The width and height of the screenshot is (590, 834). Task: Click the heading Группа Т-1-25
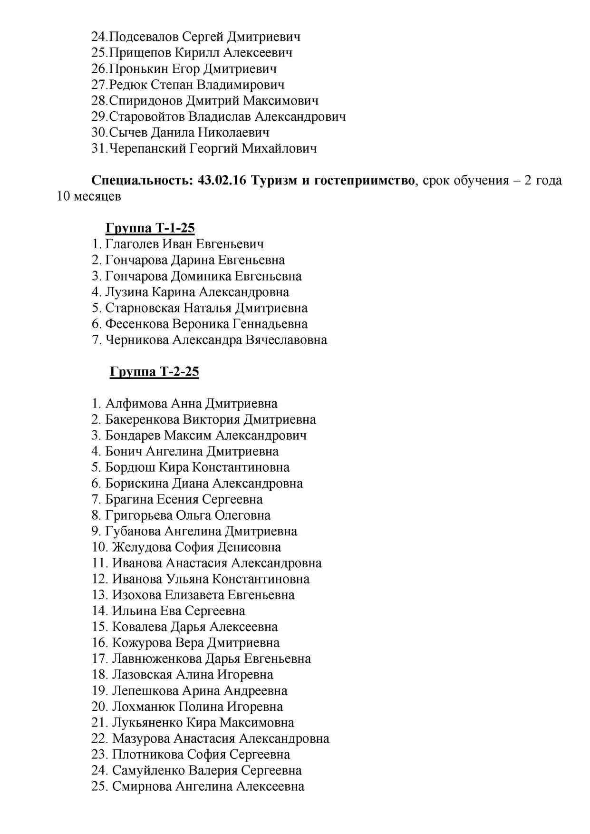(150, 228)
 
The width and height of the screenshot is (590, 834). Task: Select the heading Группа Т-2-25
(154, 371)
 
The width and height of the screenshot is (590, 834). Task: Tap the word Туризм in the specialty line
(274, 181)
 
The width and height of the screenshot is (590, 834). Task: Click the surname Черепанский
(147, 148)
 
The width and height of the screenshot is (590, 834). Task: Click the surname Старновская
(143, 308)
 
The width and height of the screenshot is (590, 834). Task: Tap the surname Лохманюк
(143, 707)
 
